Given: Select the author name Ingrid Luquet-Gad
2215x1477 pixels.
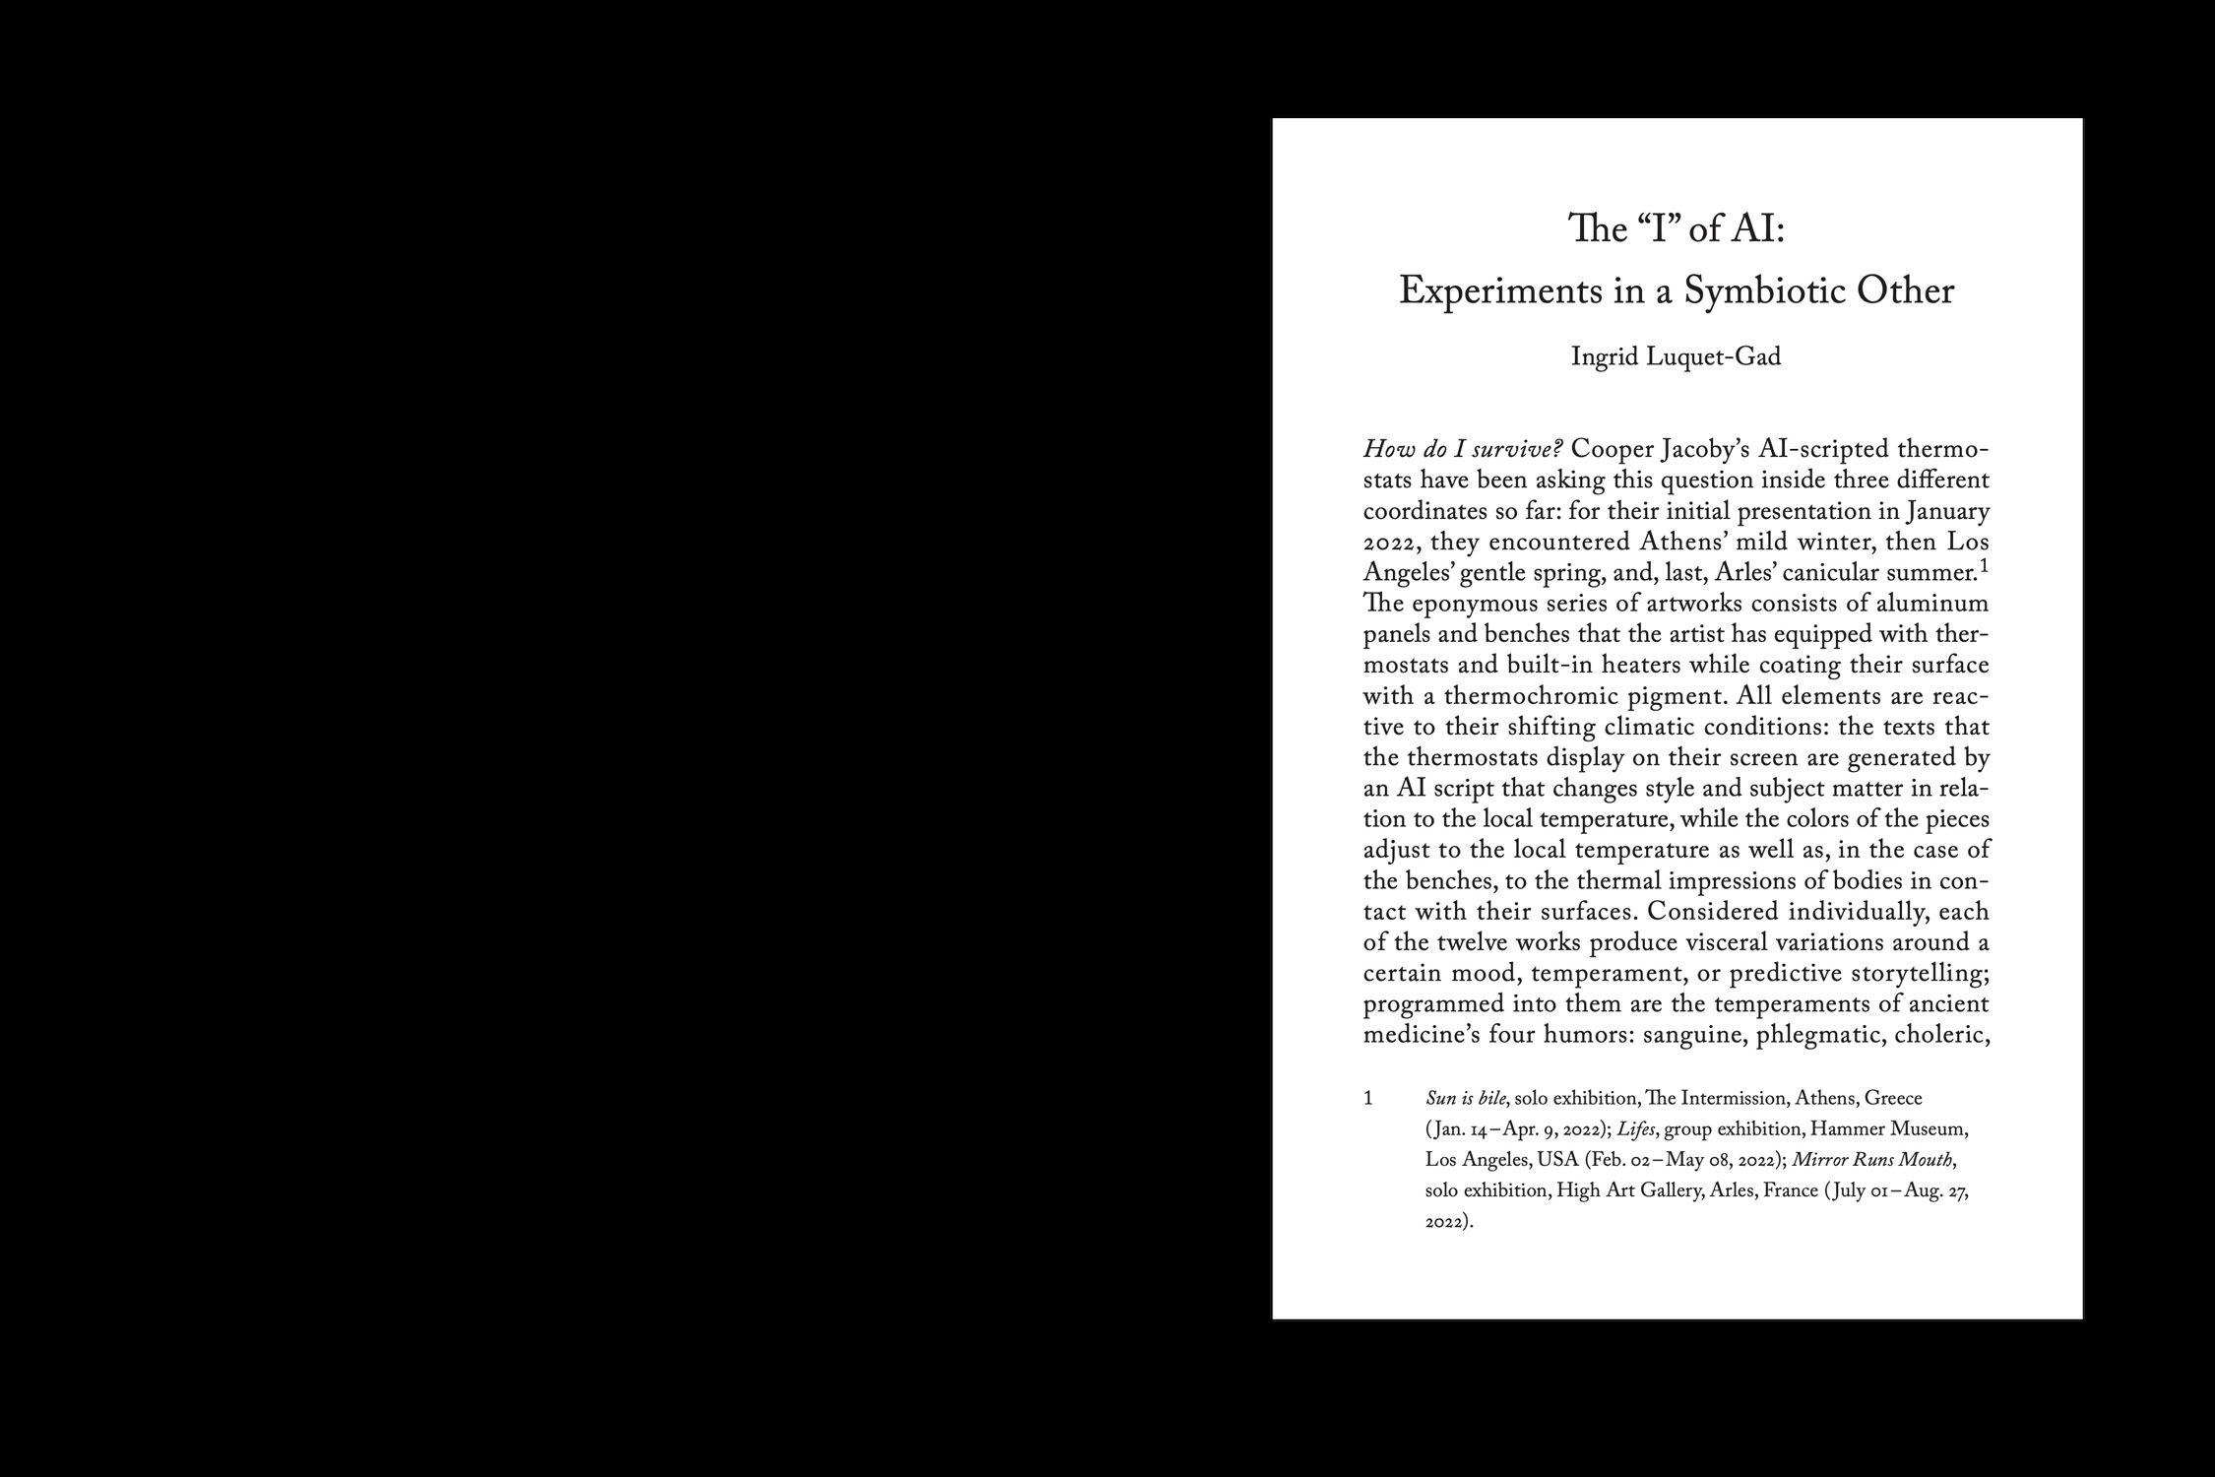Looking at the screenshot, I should point(1676,356).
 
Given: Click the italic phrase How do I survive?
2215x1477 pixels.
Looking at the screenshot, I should point(1463,450).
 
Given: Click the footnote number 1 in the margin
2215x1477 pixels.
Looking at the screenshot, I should point(1368,1098).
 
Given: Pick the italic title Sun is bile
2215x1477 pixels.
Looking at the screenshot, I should point(1465,1098).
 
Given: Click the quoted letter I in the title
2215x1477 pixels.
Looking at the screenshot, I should point(1657,229).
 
